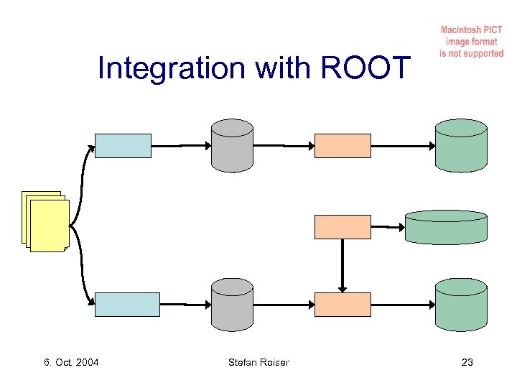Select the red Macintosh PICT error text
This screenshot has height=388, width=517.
(472, 42)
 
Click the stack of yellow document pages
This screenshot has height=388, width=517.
(46, 222)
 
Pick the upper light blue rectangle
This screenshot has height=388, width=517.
(124, 145)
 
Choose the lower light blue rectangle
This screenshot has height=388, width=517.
(128, 304)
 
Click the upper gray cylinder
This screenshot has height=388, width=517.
(232, 146)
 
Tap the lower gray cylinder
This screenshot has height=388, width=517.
(232, 305)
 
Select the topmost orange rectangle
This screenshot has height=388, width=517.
(343, 145)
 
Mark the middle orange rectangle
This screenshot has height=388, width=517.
(343, 226)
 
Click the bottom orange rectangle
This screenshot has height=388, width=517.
(343, 304)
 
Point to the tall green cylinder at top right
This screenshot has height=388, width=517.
(461, 146)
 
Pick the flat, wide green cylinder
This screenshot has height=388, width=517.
(446, 227)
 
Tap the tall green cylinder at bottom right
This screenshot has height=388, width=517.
(461, 305)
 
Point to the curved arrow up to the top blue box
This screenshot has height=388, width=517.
(79, 180)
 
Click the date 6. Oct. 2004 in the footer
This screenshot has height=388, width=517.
(71, 362)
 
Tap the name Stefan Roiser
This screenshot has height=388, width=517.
(258, 362)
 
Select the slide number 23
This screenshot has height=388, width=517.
(467, 362)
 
